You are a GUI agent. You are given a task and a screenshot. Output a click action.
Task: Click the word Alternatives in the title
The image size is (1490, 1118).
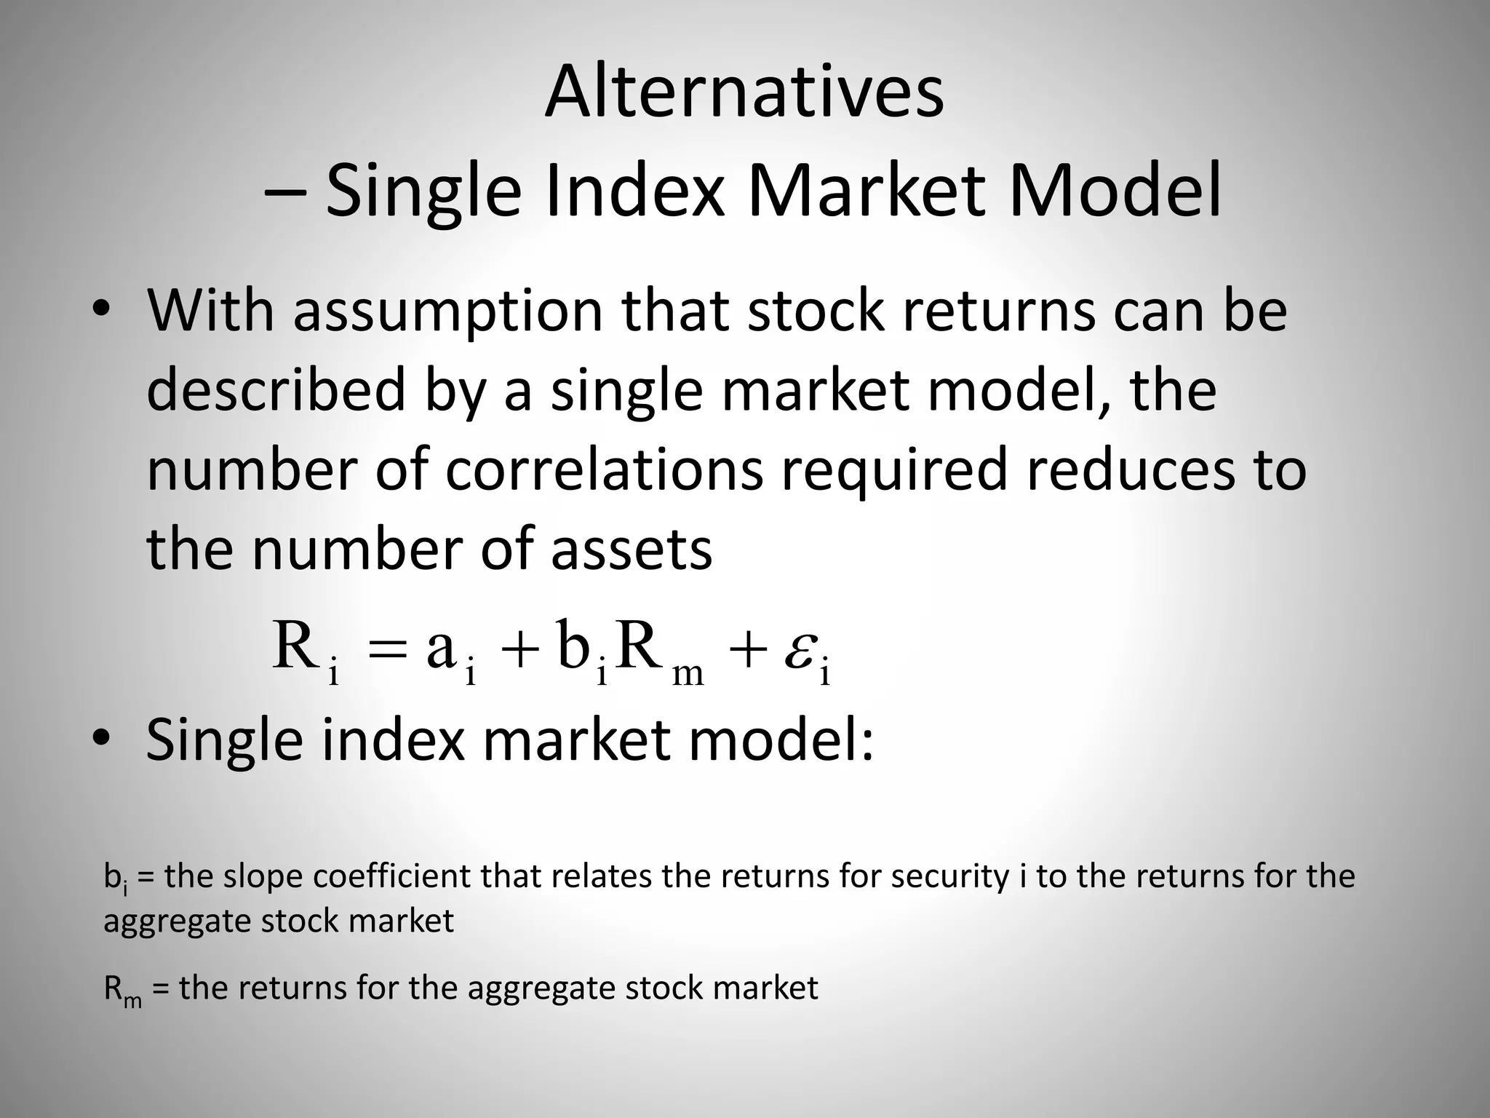point(744,93)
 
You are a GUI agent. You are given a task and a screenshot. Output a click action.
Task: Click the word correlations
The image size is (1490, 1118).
point(604,470)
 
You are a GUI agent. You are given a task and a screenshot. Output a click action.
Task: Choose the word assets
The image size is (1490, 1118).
point(631,550)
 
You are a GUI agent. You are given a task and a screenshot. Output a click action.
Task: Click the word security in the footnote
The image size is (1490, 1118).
point(949,876)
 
